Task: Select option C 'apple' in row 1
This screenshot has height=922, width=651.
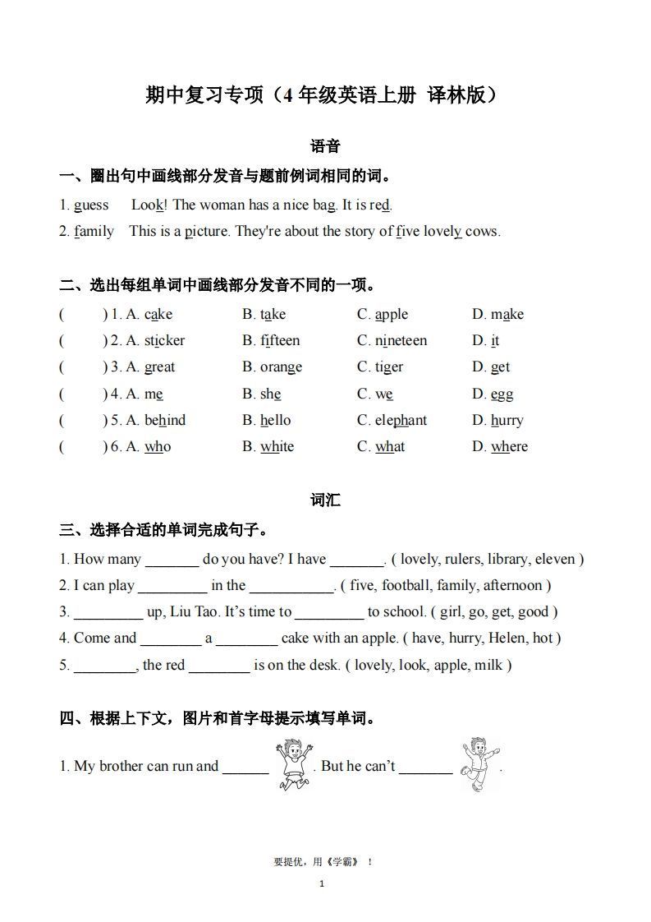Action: coord(391,314)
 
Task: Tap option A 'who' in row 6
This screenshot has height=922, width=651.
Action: coord(158,447)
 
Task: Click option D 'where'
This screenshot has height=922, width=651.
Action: coord(509,447)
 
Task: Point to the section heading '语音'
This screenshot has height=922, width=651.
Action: coord(325,147)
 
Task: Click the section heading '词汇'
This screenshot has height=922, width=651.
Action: coord(325,500)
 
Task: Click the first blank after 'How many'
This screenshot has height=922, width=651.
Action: coord(172,560)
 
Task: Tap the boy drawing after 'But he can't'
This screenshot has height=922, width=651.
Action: coord(479,764)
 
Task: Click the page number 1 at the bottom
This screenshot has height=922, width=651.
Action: coord(322,884)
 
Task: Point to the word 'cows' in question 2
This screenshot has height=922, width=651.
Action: coord(481,232)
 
